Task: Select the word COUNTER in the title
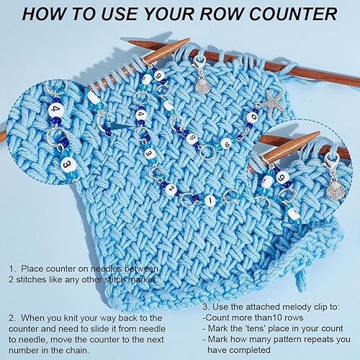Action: pos(293,14)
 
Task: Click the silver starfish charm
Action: pos(274,103)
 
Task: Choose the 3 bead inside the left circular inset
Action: pos(68,165)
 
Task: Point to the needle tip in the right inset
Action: pos(319,132)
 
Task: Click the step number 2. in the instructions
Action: pos(12,318)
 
